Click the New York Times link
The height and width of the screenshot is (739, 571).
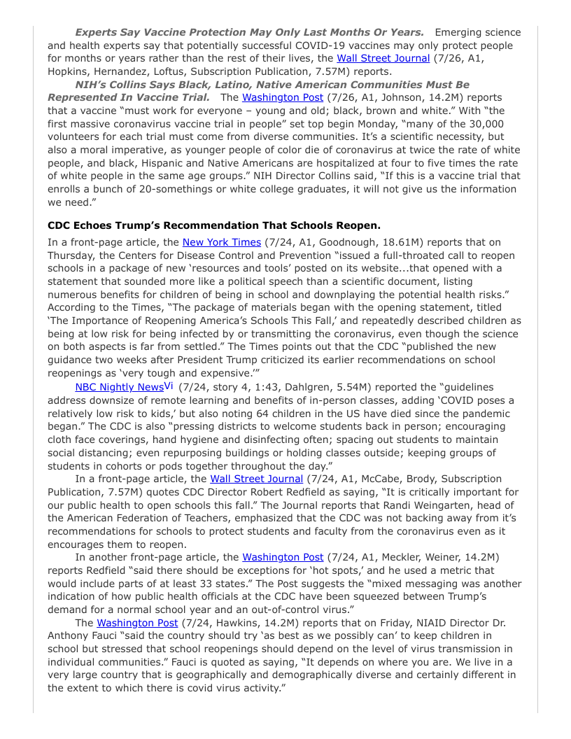tap(221, 242)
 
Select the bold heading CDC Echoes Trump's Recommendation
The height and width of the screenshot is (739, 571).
tap(214, 225)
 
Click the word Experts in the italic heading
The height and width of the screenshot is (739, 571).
tap(97, 32)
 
